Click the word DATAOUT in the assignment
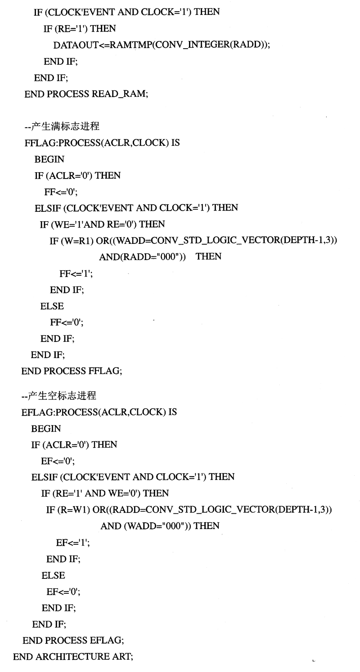76,45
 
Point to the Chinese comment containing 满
62,126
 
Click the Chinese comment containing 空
59,396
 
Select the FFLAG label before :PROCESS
40,143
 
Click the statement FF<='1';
76,273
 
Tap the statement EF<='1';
72,543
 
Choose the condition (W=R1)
77,241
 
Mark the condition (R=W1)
74,510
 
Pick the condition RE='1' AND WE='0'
98,493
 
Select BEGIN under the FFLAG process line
49,159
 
